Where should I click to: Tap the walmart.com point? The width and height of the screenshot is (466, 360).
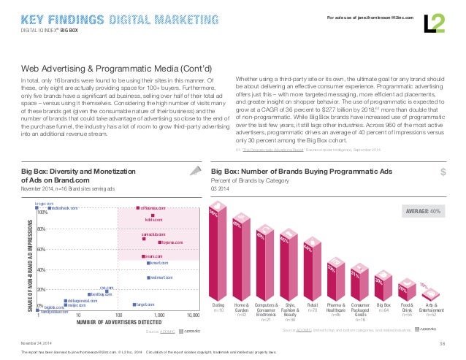148,278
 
